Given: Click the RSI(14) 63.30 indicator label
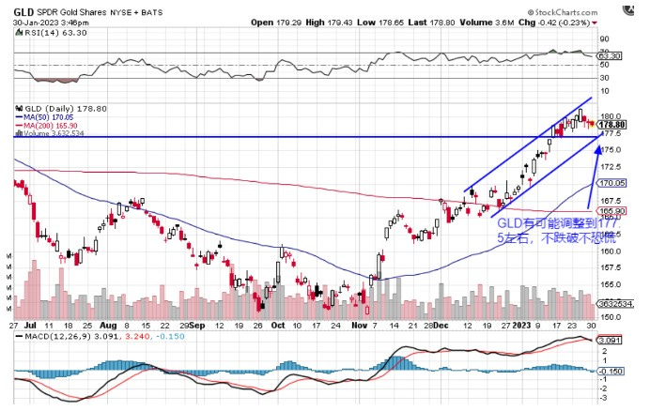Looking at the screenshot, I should tap(48, 32).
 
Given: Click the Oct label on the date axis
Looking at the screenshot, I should tap(277, 324).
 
